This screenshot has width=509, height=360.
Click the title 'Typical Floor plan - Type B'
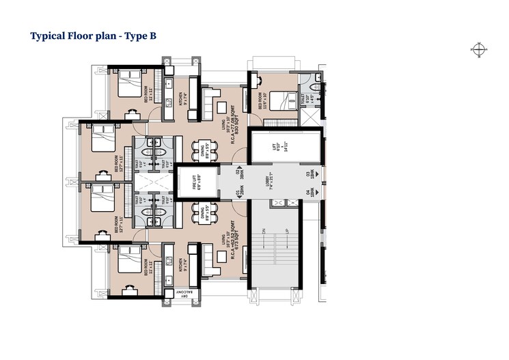click(94, 36)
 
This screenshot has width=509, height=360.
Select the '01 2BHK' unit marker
click(239, 194)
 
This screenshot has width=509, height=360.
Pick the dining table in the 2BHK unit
click(203, 215)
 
